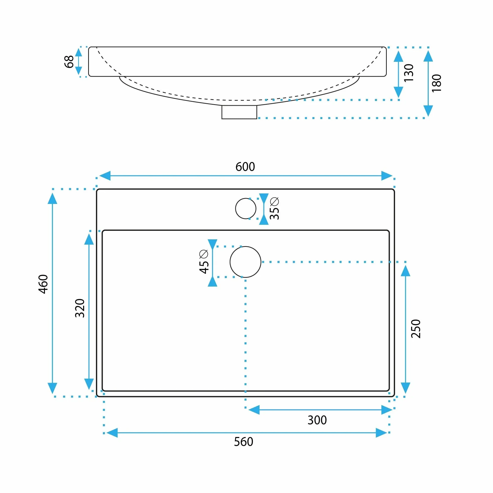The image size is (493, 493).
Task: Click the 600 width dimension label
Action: click(245, 167)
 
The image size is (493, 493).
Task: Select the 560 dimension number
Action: click(243, 442)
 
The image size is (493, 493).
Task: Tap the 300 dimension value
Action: click(317, 420)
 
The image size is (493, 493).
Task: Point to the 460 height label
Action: click(43, 284)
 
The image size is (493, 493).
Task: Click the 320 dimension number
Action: click(80, 308)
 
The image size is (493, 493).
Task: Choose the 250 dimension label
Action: click(416, 329)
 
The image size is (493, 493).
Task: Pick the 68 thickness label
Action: click(69, 62)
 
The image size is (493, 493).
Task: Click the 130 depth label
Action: click(409, 73)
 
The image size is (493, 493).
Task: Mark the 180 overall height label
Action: click(436, 83)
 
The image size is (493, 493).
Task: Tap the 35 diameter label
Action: click(274, 213)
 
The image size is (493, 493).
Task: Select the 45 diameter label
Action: click(204, 267)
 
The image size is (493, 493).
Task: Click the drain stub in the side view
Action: click(239, 112)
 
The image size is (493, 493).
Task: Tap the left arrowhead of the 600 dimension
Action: click(105, 176)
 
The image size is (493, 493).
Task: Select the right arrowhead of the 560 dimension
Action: click(381, 433)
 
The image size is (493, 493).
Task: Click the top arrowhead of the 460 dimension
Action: click(52, 198)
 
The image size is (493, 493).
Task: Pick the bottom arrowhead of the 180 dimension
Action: click(428, 111)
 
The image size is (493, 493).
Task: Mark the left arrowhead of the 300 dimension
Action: click(254, 410)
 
